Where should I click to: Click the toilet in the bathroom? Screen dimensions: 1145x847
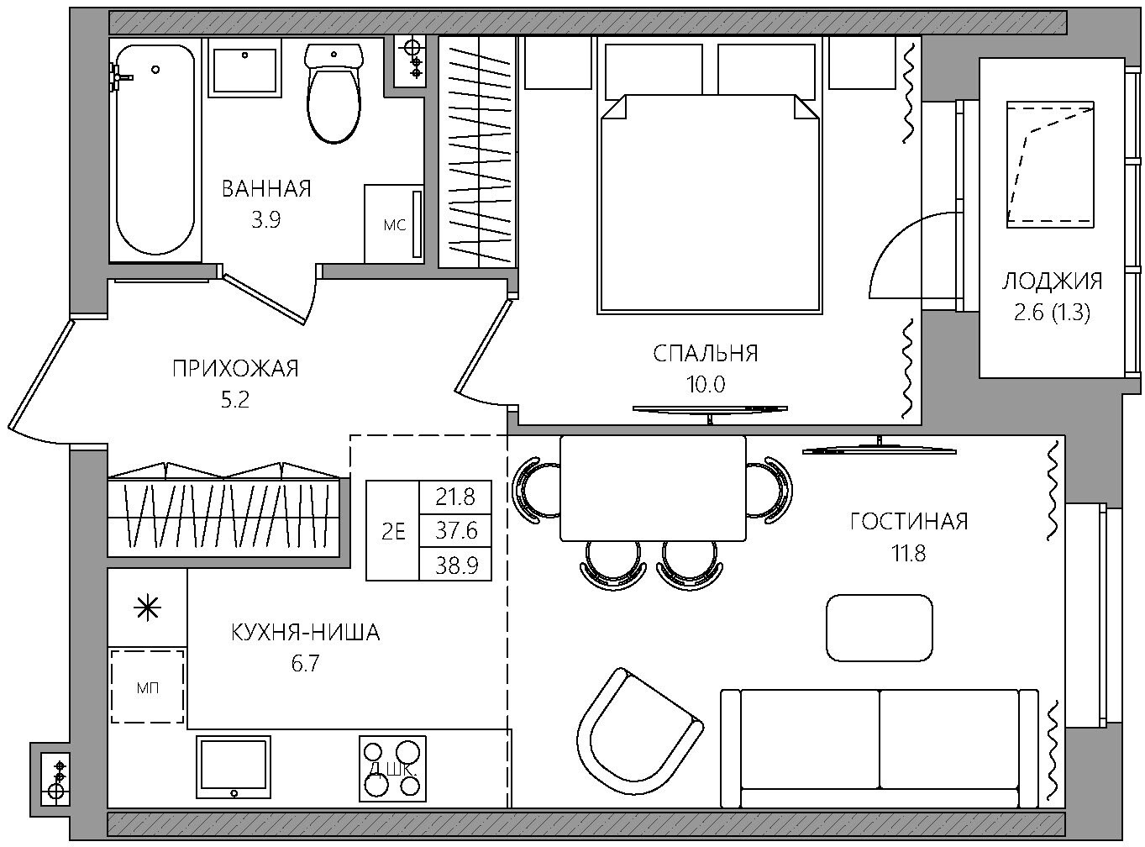pyautogui.click(x=334, y=93)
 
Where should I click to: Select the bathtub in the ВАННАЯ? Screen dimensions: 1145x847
pyautogui.click(x=155, y=150)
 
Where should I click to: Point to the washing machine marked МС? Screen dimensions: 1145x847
pyautogui.click(x=394, y=224)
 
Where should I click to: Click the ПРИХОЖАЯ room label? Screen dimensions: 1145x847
pyautogui.click(x=235, y=369)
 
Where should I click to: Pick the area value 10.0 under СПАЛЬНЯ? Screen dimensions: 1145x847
pyautogui.click(x=705, y=384)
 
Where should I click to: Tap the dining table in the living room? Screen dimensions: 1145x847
pyautogui.click(x=653, y=488)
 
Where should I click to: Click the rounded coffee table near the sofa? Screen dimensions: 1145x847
pyautogui.click(x=880, y=628)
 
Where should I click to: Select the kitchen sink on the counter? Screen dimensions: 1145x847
pyautogui.click(x=234, y=767)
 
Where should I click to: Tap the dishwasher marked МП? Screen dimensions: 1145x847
pyautogui.click(x=148, y=687)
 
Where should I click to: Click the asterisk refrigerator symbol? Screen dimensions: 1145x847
pyautogui.click(x=148, y=608)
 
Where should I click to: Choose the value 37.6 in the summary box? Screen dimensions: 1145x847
pyautogui.click(x=456, y=530)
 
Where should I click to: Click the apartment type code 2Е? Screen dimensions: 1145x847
pyautogui.click(x=393, y=531)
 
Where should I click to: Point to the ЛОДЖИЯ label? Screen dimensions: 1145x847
pyautogui.click(x=1053, y=281)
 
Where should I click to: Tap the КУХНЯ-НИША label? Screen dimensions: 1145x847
pyautogui.click(x=306, y=633)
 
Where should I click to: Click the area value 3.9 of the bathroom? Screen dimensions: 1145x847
pyautogui.click(x=265, y=220)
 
